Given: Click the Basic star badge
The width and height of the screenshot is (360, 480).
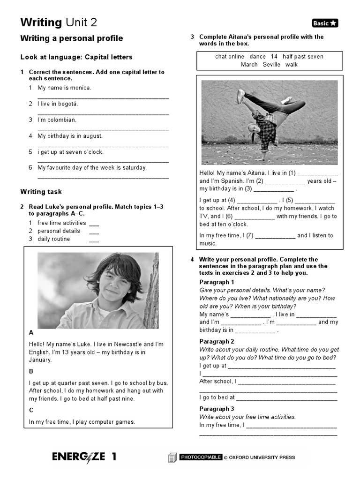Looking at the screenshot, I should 324,23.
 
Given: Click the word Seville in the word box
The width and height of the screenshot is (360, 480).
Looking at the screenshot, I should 271,65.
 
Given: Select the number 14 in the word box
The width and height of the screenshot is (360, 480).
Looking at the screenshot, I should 274,57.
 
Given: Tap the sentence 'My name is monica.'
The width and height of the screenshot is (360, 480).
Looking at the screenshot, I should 64,88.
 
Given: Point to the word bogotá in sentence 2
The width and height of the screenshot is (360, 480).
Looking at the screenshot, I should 68,104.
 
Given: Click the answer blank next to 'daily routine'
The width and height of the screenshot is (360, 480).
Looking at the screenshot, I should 94,240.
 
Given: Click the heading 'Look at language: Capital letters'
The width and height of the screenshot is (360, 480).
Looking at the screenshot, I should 76,57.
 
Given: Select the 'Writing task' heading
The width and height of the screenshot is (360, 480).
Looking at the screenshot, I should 41,192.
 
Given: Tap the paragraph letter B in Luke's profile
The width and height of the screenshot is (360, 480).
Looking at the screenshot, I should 31,371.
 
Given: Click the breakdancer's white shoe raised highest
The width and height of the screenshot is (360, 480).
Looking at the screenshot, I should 240,96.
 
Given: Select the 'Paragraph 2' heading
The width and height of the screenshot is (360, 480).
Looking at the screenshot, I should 217,342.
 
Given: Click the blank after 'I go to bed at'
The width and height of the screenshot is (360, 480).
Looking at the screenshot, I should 286,398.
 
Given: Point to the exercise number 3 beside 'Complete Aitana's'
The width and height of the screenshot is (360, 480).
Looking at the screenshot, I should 192,37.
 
